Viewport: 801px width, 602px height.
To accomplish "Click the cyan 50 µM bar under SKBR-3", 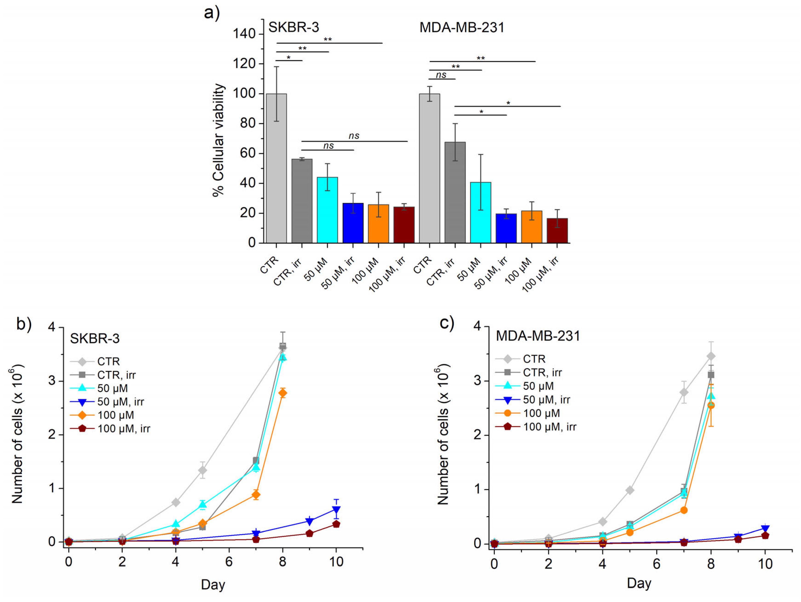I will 327,210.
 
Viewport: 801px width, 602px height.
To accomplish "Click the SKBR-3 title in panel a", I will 293,27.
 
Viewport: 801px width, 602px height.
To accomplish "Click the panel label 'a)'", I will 212,13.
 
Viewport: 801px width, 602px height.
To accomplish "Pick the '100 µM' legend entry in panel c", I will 541,413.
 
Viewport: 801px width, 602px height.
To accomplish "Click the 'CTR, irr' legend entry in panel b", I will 116,375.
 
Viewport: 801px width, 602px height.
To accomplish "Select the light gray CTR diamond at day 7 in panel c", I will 684,392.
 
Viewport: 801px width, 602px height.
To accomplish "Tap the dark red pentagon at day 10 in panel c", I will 765,535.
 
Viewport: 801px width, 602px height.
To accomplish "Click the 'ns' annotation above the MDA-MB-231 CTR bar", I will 441,75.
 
